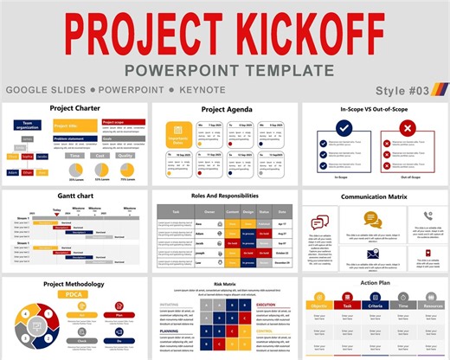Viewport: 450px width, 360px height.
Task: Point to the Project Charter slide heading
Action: (x=75, y=109)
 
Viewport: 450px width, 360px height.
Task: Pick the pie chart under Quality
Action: (x=129, y=168)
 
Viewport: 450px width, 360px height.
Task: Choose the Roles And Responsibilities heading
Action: (x=224, y=196)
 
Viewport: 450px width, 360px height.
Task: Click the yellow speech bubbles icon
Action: (x=322, y=222)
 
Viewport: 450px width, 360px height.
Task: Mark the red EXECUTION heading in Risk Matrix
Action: (x=266, y=305)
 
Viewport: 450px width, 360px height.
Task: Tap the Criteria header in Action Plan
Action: (x=376, y=306)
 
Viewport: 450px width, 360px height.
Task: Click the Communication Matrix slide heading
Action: (x=373, y=196)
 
